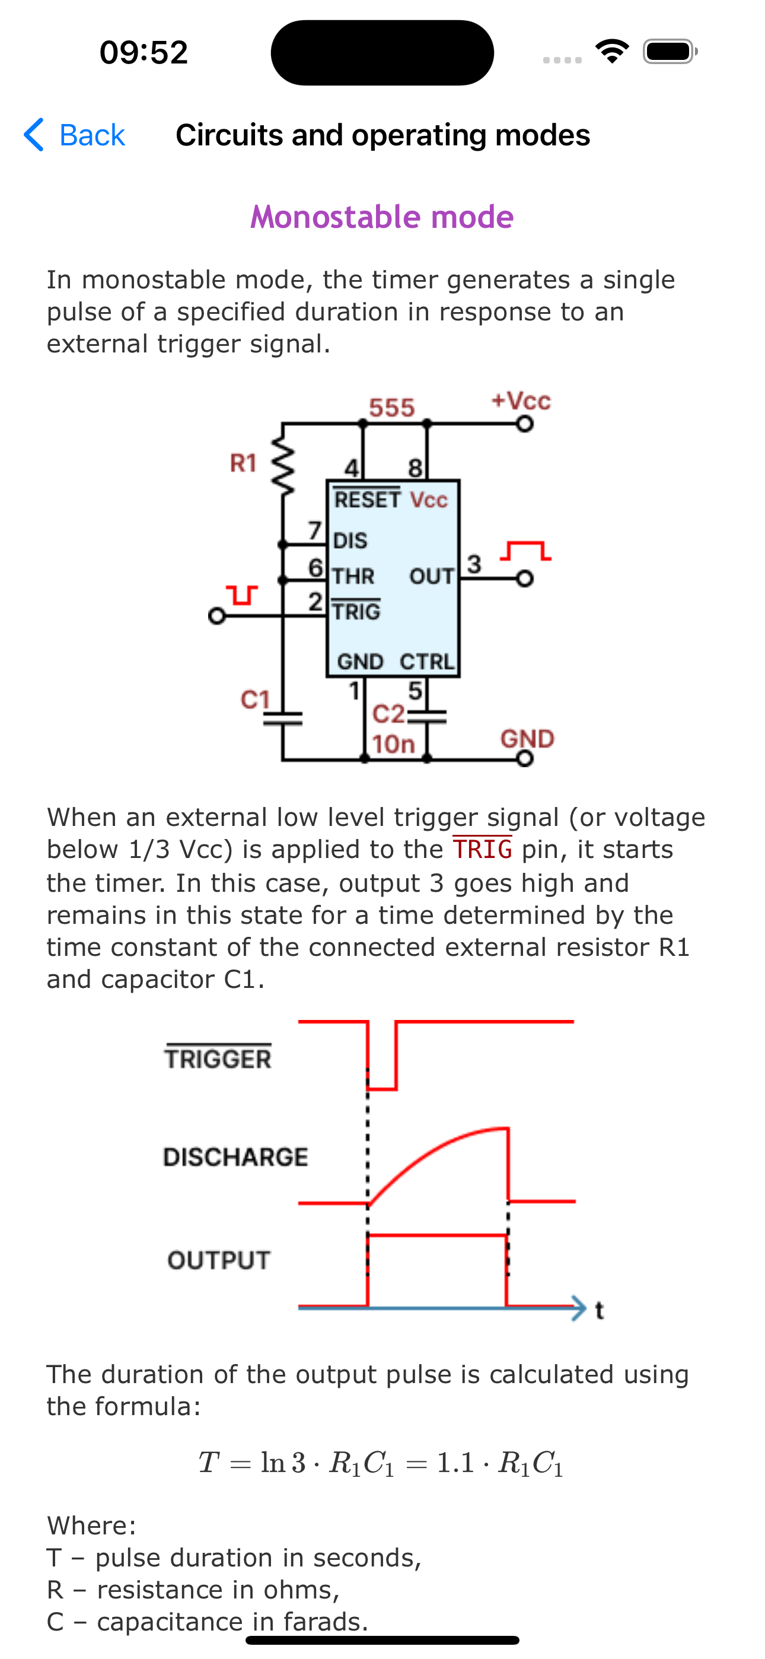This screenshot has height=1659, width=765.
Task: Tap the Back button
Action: pyautogui.click(x=75, y=135)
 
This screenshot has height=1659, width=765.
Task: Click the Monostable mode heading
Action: pyautogui.click(x=382, y=217)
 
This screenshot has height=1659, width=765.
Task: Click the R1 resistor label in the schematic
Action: pyautogui.click(x=243, y=463)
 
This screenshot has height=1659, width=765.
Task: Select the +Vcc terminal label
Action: pyautogui.click(x=520, y=401)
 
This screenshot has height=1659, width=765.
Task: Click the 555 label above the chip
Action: pyautogui.click(x=391, y=408)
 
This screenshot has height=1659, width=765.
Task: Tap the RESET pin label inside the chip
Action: pyautogui.click(x=367, y=500)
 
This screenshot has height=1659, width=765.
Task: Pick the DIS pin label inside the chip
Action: pyautogui.click(x=350, y=541)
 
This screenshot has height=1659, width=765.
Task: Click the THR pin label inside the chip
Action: pyautogui.click(x=353, y=576)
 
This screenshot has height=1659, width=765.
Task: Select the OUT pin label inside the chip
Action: pyautogui.click(x=432, y=576)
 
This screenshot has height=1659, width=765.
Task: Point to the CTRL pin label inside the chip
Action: pyautogui.click(x=426, y=662)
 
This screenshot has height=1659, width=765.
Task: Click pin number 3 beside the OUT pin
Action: pyautogui.click(x=474, y=564)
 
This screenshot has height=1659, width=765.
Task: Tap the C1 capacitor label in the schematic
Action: pyautogui.click(x=255, y=700)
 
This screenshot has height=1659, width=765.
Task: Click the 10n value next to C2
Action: pyautogui.click(x=393, y=745)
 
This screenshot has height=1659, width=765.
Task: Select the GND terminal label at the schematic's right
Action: pyautogui.click(x=527, y=738)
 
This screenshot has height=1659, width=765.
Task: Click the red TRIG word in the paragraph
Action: pyautogui.click(x=482, y=850)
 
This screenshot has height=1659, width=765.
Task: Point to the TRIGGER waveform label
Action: pyautogui.click(x=218, y=1059)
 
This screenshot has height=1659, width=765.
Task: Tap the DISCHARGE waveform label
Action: pyautogui.click(x=235, y=1157)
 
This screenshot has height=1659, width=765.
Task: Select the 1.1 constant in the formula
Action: pyautogui.click(x=455, y=1463)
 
